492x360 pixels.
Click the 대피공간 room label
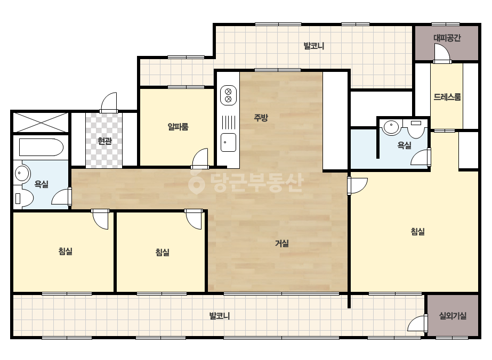point(447,38)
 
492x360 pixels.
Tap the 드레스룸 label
point(447,97)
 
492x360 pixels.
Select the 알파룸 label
point(178,127)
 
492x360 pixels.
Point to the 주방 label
point(261,118)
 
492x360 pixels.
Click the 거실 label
point(282,243)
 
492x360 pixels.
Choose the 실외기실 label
point(453,316)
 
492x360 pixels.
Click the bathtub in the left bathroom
point(41,147)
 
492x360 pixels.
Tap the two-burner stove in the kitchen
point(228,95)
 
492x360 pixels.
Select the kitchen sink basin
point(228,142)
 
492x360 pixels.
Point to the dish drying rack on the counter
point(228,122)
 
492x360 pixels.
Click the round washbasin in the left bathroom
point(22,173)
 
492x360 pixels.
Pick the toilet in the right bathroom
point(416,128)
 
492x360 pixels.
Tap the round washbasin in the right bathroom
point(391,127)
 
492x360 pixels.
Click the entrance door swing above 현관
point(109,103)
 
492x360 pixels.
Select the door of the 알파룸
point(200,158)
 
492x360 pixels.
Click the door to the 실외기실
point(417,323)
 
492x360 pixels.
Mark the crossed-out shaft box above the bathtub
point(41,122)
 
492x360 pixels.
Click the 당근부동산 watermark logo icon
point(196,183)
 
